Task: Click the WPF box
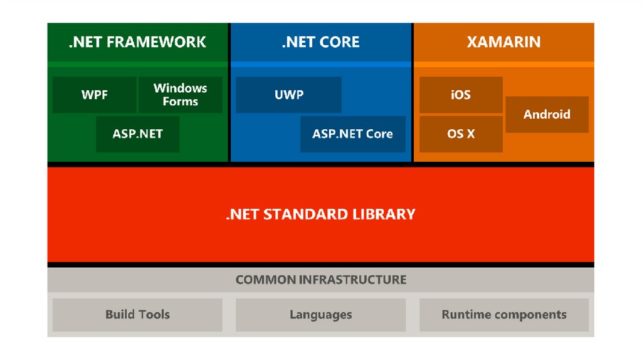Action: [x=94, y=95]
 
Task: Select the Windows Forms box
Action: [x=180, y=95]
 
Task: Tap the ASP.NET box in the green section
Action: [x=137, y=134]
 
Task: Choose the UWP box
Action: [x=288, y=95]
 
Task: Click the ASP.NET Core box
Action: [x=352, y=134]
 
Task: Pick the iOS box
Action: [x=460, y=95]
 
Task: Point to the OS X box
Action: [x=460, y=134]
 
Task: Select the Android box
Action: [x=547, y=114]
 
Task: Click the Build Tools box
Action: [x=137, y=314]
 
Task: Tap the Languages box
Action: [x=320, y=314]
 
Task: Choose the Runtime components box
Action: [x=503, y=314]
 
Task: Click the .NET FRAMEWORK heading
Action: [x=137, y=43]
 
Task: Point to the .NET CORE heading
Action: [x=320, y=43]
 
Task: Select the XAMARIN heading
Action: [x=503, y=43]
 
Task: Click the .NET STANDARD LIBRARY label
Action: [x=320, y=214]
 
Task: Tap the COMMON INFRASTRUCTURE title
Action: [x=320, y=280]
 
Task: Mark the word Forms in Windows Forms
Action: [x=180, y=102]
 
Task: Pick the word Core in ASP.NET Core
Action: [x=379, y=134]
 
